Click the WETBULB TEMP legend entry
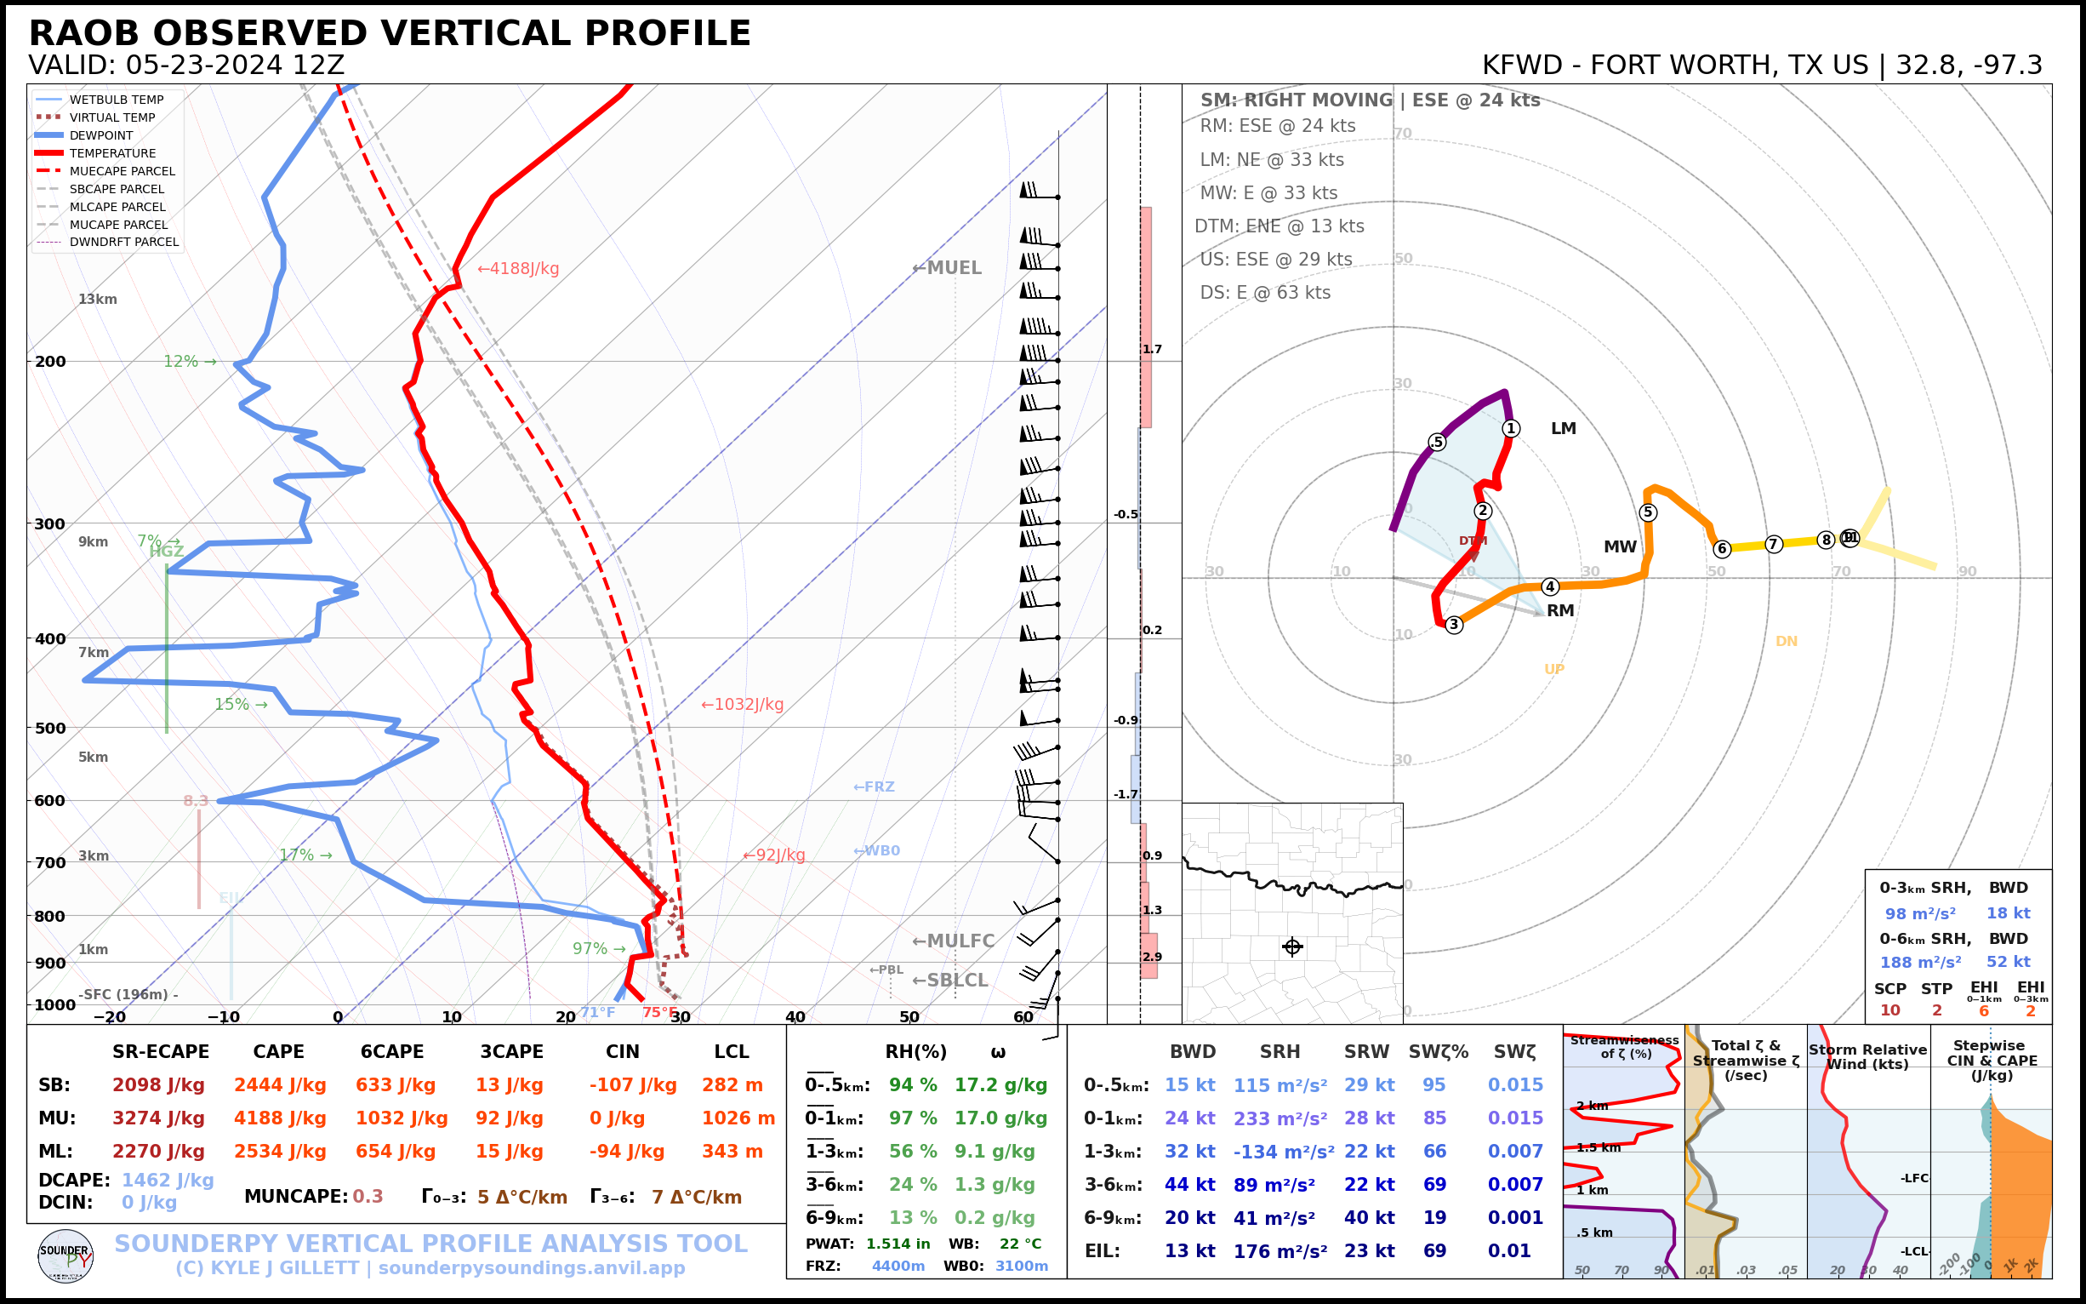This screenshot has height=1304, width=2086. (117, 100)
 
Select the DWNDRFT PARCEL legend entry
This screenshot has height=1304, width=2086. (124, 243)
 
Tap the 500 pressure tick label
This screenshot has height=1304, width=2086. (50, 728)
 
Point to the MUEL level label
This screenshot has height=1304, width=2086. (948, 268)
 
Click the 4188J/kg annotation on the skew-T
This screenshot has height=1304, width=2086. (519, 269)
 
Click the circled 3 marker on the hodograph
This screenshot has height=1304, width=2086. (1454, 625)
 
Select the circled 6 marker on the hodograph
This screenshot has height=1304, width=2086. (1722, 548)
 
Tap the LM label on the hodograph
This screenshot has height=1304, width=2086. (1564, 429)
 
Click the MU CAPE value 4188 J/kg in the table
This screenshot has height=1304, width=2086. (280, 1118)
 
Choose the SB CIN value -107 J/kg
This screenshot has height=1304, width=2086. (633, 1085)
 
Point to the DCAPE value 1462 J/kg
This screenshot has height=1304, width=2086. (168, 1180)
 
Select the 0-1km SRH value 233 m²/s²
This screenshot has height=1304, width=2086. (1280, 1118)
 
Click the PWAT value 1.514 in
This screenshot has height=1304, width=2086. (898, 1244)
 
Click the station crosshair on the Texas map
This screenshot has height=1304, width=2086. (1292, 947)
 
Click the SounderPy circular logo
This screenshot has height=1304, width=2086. (66, 1255)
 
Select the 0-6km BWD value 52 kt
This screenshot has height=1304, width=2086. (2009, 962)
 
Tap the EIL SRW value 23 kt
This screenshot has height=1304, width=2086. (1369, 1250)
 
